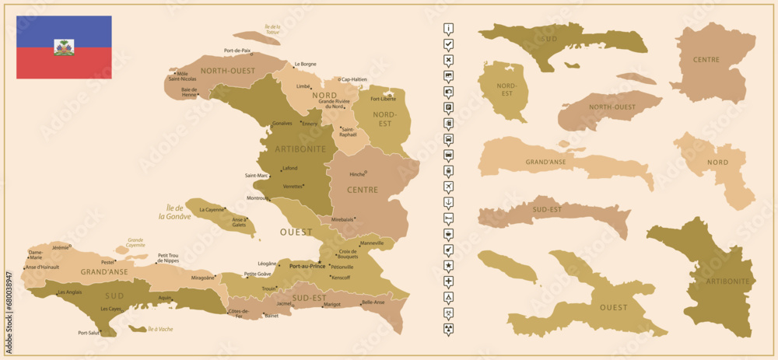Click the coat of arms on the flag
pos(64,47)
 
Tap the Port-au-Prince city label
pos(307,266)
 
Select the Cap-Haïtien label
pos(354,79)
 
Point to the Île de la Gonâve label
pos(174,211)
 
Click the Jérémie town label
pos(59,246)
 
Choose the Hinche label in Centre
pos(357,173)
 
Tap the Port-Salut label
pos(89,333)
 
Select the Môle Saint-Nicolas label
pos(183,76)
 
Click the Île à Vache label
pos(160,330)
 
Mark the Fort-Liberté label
pos(383,99)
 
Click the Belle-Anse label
pos(373,302)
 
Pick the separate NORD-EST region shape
pos(504,91)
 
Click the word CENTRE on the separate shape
pos(706,59)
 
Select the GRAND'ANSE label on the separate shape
pos(550,162)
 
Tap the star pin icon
pos(449,265)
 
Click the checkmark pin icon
pos(449,44)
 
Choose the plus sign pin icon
pos(449,281)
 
